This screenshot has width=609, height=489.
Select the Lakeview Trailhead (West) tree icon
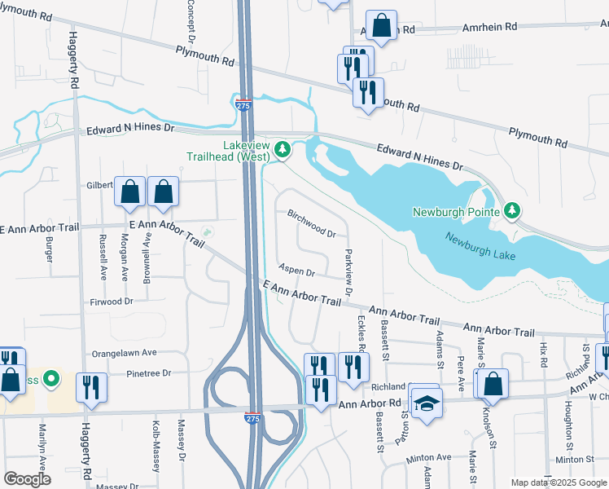283,148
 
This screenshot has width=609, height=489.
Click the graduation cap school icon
426,403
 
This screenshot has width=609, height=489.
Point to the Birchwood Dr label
312,223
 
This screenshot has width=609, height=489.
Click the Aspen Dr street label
296,269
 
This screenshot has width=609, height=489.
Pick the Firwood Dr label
112,302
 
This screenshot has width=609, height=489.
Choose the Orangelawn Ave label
123,354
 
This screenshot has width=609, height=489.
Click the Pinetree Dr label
149,373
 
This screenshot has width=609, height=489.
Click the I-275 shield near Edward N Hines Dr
244,105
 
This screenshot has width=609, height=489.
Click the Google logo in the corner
27,478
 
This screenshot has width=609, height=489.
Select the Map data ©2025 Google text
558,482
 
